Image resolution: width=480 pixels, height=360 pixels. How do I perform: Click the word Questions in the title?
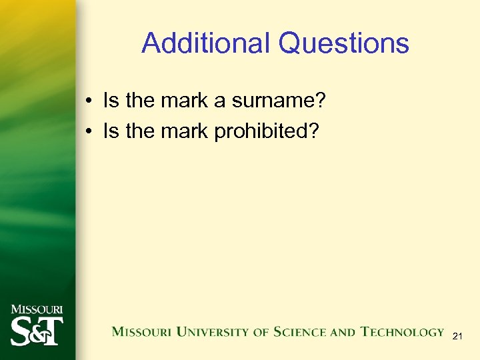(344, 44)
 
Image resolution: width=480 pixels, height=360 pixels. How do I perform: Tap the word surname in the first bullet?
(274, 101)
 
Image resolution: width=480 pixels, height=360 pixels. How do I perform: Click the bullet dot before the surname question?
(88, 102)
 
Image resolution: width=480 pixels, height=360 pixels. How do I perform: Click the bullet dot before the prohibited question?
(88, 132)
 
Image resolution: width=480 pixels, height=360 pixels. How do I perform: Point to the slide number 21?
(457, 337)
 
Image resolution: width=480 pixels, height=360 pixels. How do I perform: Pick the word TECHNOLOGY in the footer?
(402, 332)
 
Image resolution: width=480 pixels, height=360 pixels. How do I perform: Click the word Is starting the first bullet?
(111, 101)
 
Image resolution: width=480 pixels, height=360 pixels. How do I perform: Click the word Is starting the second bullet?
(111, 131)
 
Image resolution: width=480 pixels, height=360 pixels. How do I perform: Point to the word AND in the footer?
(343, 332)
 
